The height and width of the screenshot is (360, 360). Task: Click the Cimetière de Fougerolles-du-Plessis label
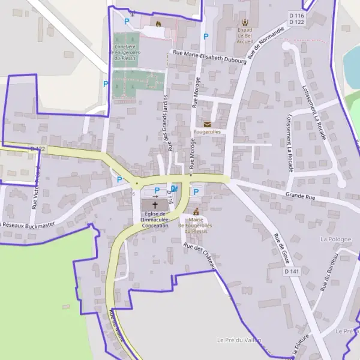125,52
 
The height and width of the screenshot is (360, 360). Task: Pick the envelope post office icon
207,124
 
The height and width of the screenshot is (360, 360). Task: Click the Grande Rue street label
301,196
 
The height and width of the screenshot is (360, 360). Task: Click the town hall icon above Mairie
196,212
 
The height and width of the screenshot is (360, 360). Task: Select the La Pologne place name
336,239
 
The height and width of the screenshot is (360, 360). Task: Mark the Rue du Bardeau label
332,271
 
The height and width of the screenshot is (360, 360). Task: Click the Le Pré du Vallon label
240,340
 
